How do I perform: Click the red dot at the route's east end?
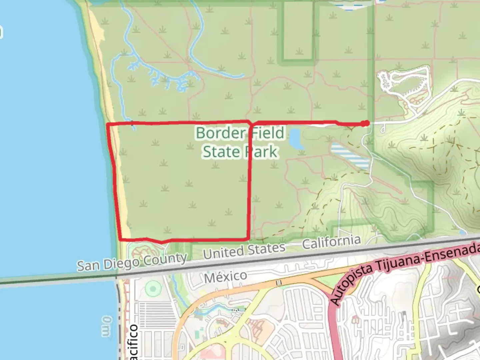366,123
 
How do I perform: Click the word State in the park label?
221,152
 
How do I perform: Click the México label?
226,276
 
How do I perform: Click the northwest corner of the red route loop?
108,124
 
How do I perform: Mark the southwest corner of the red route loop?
120,239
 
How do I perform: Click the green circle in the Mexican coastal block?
153,289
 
